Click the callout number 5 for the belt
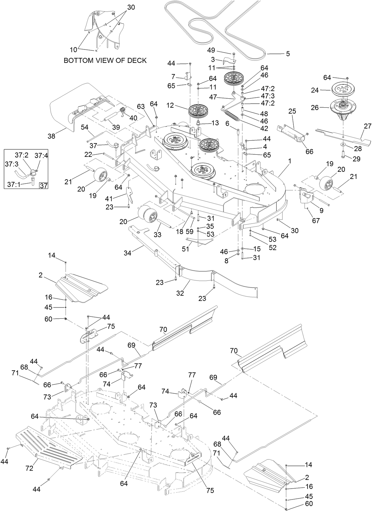tap(288, 54)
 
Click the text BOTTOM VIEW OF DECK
tap(105, 60)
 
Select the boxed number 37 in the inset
tap(44, 186)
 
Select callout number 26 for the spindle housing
tap(315, 108)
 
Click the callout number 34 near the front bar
tap(128, 253)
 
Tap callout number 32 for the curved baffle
tap(180, 293)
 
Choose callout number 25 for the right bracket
tap(292, 111)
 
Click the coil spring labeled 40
tap(123, 111)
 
